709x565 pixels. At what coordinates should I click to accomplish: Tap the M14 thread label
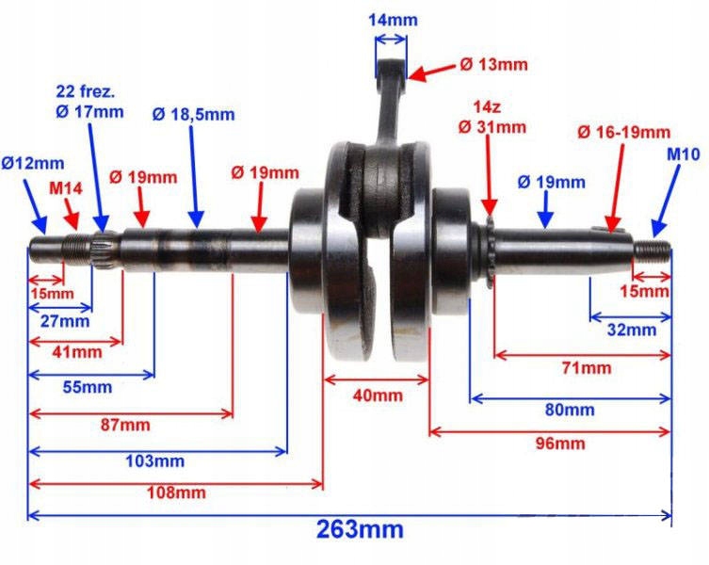tap(66, 188)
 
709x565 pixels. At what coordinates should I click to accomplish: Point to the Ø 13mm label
tap(493, 65)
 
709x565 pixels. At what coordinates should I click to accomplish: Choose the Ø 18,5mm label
tap(193, 115)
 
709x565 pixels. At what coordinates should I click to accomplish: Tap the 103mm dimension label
tap(155, 460)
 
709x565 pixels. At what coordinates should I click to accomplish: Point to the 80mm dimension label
tap(569, 410)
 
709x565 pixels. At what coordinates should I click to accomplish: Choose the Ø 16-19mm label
tap(623, 132)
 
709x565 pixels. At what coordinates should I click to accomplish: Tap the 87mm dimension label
tap(122, 425)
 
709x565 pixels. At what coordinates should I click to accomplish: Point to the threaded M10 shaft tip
tap(653, 250)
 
